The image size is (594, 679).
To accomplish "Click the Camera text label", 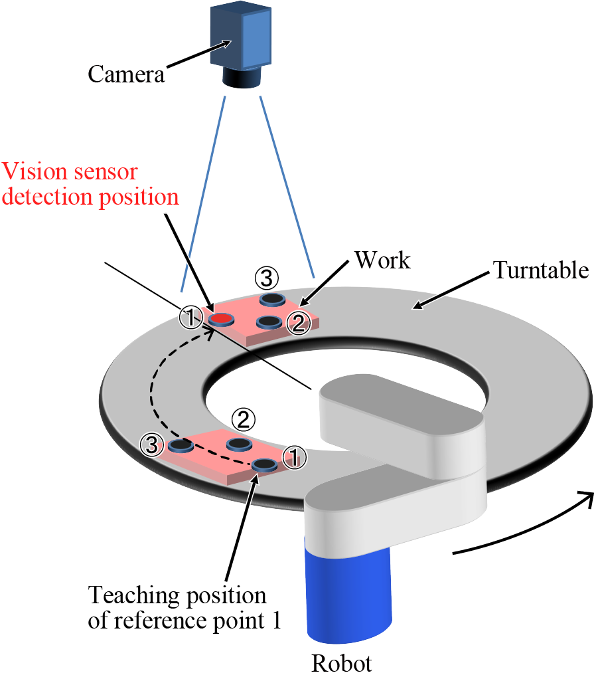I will pos(125,74).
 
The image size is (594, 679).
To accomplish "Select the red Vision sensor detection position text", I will pos(90,185).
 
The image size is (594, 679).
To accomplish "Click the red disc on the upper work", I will pos(221,320).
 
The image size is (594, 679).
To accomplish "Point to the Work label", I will pos(382,260).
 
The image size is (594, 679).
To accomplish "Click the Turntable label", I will pos(540,270).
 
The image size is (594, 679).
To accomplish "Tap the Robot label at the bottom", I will pos(342,664).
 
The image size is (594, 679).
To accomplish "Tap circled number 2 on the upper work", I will pos(298,323).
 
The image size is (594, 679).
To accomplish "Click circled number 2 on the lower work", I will pos(243,419).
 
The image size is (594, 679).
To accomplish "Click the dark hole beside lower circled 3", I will pos(180,445).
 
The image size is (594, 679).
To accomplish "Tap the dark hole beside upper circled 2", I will pos(268,322).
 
